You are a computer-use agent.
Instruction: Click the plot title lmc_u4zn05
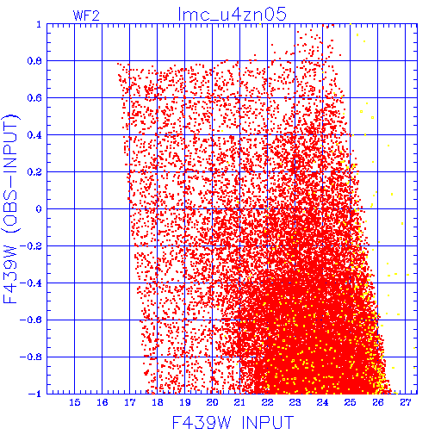point(232,15)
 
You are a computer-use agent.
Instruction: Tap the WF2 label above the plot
point(86,16)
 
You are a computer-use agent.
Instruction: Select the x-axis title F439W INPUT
point(233,423)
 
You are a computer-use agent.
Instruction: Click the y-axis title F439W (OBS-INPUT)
point(10,209)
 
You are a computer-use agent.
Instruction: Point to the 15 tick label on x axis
point(75,402)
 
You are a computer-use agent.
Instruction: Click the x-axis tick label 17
point(130,402)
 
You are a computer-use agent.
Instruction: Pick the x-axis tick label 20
point(213,402)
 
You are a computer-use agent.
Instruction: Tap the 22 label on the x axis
point(268,402)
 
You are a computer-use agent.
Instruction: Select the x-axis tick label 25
point(351,402)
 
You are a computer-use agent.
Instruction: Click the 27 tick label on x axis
point(406,402)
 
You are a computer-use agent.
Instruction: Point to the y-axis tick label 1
point(39,24)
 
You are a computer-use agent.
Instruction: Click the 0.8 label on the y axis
point(34,61)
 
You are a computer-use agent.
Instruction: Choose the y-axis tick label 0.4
point(34,135)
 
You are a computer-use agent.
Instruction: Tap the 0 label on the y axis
point(39,208)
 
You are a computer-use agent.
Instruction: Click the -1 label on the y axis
point(35,394)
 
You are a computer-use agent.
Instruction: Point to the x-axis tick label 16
point(102,402)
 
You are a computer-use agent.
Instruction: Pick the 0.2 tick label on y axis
point(34,172)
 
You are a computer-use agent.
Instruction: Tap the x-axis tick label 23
point(295,402)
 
